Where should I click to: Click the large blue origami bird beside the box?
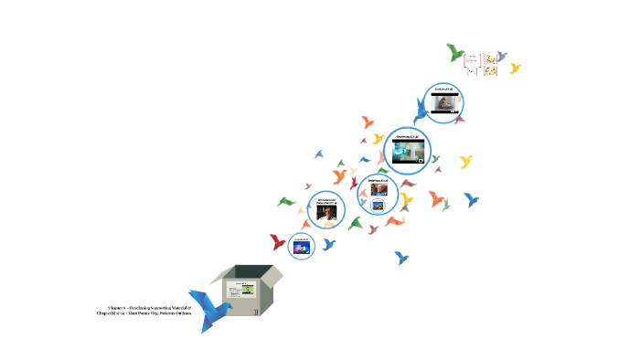point(211,307)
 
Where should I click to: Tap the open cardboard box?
point(248,291)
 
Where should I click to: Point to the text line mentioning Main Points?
point(144,314)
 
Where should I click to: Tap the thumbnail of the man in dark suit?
point(326,214)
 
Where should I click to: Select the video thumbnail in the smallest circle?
point(302,247)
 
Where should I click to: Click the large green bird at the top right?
point(455,52)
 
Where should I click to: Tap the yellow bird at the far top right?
point(516,69)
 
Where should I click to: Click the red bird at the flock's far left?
point(278,242)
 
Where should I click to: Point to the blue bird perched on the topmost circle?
point(421,112)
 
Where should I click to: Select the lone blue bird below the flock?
point(401,258)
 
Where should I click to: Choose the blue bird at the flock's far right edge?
point(472,199)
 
